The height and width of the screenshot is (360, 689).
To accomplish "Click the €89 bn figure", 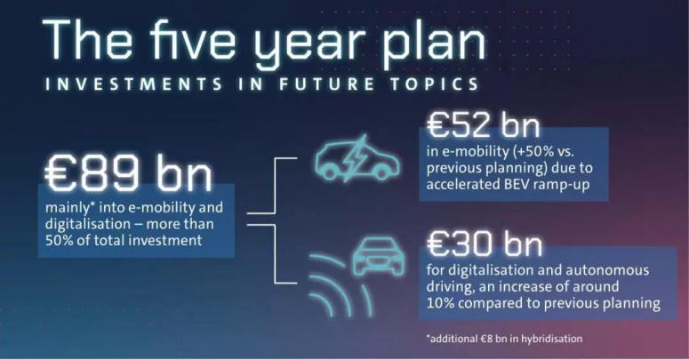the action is click(x=128, y=173).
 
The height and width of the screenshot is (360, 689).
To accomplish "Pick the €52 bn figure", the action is click(x=483, y=124).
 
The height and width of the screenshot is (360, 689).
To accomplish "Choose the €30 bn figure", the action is click(x=485, y=244).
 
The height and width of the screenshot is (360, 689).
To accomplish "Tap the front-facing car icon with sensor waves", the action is click(x=379, y=257).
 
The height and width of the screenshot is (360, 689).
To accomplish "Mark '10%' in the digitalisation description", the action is click(x=440, y=303).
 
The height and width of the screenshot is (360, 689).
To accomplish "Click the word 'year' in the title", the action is click(x=309, y=45).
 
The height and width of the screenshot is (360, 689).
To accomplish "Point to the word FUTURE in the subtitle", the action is click(x=326, y=84).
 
